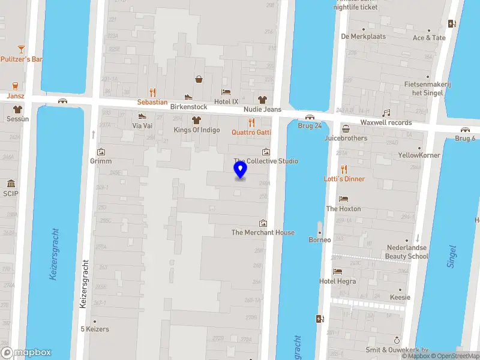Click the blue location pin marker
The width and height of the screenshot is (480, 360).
[x=241, y=171]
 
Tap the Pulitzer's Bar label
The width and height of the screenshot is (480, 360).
[x=22, y=59]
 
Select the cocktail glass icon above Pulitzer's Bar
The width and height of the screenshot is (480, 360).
[x=22, y=48]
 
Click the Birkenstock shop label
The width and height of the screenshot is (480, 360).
[x=188, y=107]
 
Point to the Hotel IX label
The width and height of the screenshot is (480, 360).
[x=226, y=102]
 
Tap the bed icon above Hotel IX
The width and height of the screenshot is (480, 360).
[x=226, y=92]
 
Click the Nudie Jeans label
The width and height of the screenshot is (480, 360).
[x=262, y=109]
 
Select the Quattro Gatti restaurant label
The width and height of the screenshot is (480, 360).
[x=251, y=132]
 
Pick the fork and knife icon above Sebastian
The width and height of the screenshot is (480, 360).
[x=152, y=92]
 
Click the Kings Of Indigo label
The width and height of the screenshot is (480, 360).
[x=197, y=130]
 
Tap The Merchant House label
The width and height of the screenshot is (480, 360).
[x=263, y=232]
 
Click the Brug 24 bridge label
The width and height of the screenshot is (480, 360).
[x=310, y=125]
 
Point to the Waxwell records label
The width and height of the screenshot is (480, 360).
[x=386, y=122]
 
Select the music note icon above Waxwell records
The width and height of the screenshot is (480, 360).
[x=386, y=112]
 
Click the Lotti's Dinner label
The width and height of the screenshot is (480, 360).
[x=344, y=179]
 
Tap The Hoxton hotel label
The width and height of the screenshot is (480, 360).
[x=343, y=209]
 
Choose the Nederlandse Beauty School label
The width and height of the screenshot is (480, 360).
[x=407, y=251]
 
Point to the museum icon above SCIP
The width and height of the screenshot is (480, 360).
[x=11, y=184]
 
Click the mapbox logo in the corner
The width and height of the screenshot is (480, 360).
[x=26, y=353]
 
